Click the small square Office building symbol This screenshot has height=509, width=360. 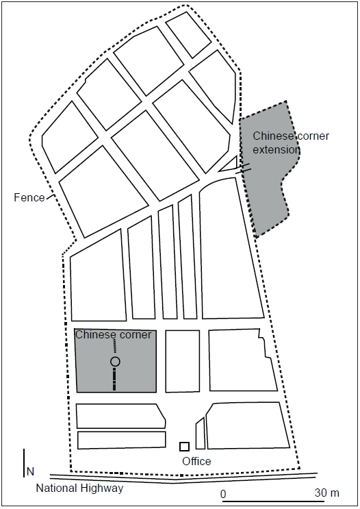click(184, 447)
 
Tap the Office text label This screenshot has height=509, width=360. click(196, 461)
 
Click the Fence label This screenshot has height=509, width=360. click(29, 197)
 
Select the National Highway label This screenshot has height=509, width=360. click(80, 488)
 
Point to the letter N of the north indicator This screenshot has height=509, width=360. click(31, 471)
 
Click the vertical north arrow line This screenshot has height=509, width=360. click(24, 463)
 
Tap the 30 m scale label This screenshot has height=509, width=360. click(327, 493)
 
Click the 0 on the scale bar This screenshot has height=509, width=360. click(223, 494)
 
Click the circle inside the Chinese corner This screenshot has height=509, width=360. click(115, 361)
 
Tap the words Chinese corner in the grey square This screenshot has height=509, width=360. click(113, 335)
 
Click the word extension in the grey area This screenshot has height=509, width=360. click(277, 149)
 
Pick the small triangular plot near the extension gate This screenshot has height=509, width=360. click(230, 164)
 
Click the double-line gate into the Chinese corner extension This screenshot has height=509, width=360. click(243, 169)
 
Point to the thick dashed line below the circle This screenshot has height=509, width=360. click(114, 379)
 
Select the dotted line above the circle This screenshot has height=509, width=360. click(114, 347)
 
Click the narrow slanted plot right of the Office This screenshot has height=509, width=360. click(201, 434)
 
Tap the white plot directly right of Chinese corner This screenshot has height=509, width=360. click(183, 361)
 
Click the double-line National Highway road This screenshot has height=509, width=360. click(183, 477)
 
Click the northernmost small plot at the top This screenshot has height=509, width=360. click(188, 34)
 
